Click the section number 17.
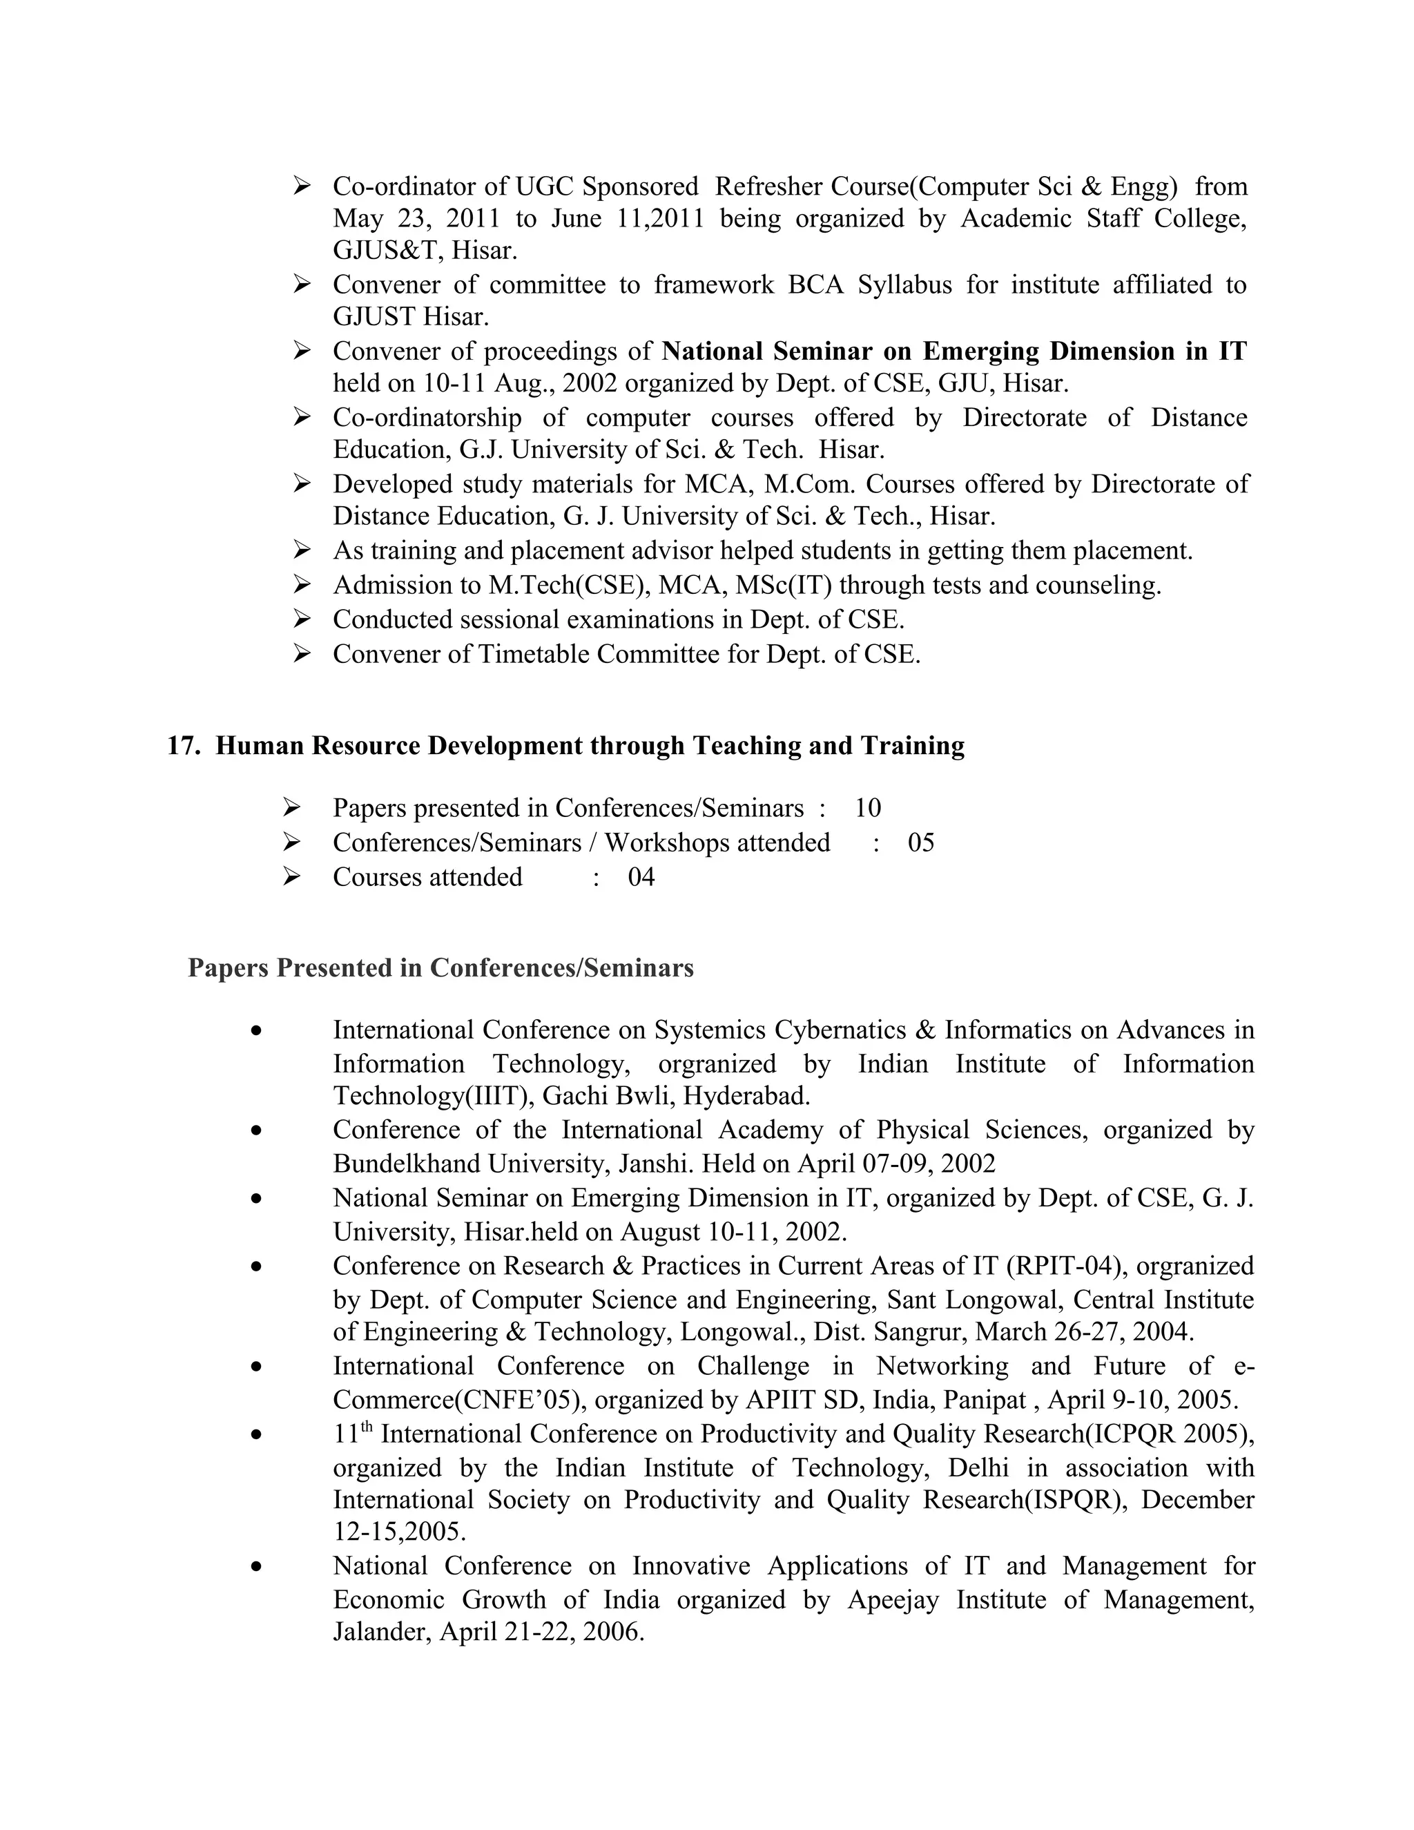pos(182,746)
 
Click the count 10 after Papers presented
pos(867,808)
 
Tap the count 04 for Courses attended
pos(641,877)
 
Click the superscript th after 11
pos(367,1427)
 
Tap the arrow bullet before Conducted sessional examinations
pos(302,619)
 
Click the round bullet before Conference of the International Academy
pos(256,1130)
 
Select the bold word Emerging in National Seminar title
pos(981,351)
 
